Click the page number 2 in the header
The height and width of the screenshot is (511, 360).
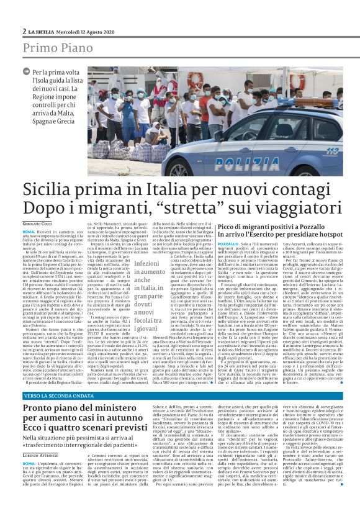pyautogui.click(x=24, y=30)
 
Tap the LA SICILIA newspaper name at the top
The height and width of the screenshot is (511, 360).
pyautogui.click(x=43, y=30)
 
